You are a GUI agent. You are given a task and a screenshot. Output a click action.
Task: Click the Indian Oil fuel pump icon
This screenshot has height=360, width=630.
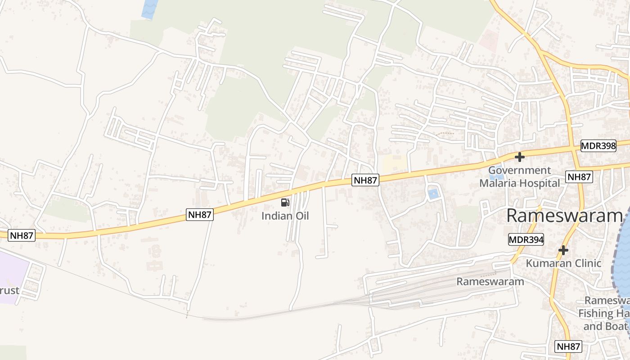pyautogui.click(x=285, y=202)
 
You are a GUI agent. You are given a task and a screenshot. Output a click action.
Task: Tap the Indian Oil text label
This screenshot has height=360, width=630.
pyautogui.click(x=285, y=216)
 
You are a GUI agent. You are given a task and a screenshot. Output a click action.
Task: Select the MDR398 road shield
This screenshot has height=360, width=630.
pyautogui.click(x=598, y=146)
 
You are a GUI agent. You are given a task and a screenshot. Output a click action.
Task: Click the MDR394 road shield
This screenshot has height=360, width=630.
pyautogui.click(x=526, y=240)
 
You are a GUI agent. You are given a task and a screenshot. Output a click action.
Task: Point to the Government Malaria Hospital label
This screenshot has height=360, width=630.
pyautogui.click(x=519, y=177)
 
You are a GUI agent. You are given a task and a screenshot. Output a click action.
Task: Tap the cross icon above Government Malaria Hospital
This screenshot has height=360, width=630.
pyautogui.click(x=520, y=157)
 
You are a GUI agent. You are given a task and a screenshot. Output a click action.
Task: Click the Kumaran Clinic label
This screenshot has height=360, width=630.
pyautogui.click(x=564, y=263)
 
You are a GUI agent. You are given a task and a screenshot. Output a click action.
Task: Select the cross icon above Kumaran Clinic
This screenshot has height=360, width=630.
pyautogui.click(x=563, y=250)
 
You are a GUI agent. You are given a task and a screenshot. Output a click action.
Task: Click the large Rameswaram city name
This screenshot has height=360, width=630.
pyautogui.click(x=564, y=216)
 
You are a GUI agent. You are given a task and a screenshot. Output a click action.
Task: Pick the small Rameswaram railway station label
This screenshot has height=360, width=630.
pyautogui.click(x=490, y=282)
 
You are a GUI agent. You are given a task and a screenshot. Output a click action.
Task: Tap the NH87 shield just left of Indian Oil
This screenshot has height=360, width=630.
pyautogui.click(x=200, y=215)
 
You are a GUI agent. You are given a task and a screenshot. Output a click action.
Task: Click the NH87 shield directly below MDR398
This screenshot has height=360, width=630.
pyautogui.click(x=579, y=177)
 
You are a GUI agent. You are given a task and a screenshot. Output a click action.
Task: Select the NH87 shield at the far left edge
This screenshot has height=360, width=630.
pyautogui.click(x=22, y=235)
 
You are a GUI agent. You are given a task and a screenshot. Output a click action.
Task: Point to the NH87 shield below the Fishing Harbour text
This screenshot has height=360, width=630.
pyautogui.click(x=569, y=346)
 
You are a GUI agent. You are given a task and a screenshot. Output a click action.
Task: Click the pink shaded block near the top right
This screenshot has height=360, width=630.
pyautogui.click(x=488, y=40)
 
